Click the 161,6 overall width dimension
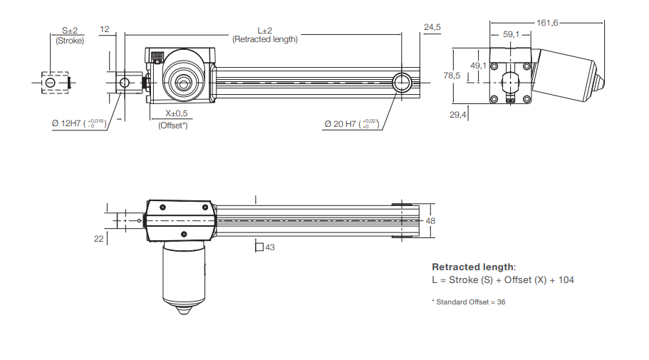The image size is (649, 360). point(547,23)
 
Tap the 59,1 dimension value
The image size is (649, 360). point(512,34)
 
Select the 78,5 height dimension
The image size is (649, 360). point(452,75)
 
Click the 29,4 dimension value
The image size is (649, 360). point(458,114)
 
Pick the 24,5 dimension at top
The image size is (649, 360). point(432,27)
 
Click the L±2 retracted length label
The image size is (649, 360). point(264,31)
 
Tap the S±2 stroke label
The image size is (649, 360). point(69,31)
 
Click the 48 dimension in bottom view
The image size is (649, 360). point(430,221)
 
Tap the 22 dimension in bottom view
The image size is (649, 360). point(99,238)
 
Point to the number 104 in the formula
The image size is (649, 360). point(566,279)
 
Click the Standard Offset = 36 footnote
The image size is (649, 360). point(469,302)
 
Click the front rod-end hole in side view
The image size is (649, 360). point(125,82)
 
